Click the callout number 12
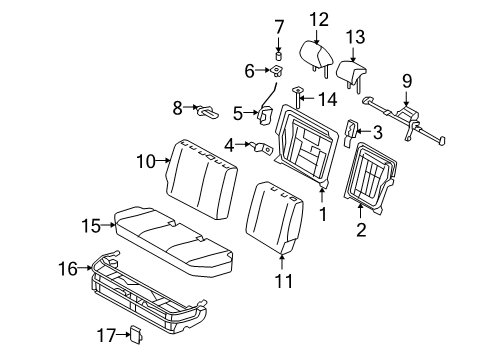coord(318,18)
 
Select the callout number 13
coord(356,37)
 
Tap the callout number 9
coord(408,80)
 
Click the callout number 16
coord(68,267)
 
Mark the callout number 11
coord(285,281)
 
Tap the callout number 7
coord(280,26)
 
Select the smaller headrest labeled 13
coord(350,72)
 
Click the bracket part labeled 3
coord(352,130)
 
